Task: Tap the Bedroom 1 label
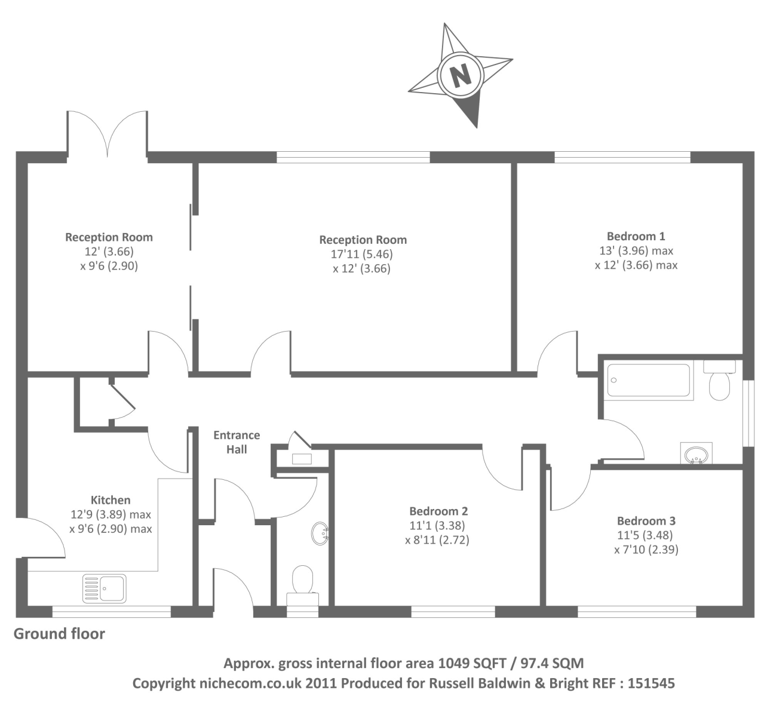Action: click(x=636, y=236)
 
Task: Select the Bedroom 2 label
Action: click(x=438, y=511)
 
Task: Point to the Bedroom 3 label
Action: click(x=646, y=520)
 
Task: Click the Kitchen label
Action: click(x=111, y=500)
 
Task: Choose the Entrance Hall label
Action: click(x=237, y=442)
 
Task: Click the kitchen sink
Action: click(x=105, y=589)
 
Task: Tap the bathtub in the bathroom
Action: click(x=648, y=380)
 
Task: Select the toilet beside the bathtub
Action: click(x=720, y=379)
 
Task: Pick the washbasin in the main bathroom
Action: click(x=697, y=453)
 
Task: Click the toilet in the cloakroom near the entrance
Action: click(x=302, y=586)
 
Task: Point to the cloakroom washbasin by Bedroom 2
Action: click(x=320, y=534)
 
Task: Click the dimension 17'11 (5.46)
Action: click(x=362, y=254)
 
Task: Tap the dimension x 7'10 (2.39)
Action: click(x=646, y=549)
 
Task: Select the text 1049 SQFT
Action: click(x=473, y=663)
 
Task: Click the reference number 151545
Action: click(x=651, y=683)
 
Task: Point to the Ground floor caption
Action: click(x=59, y=633)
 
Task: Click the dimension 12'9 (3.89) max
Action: click(x=111, y=514)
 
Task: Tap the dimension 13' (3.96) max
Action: click(x=636, y=250)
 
